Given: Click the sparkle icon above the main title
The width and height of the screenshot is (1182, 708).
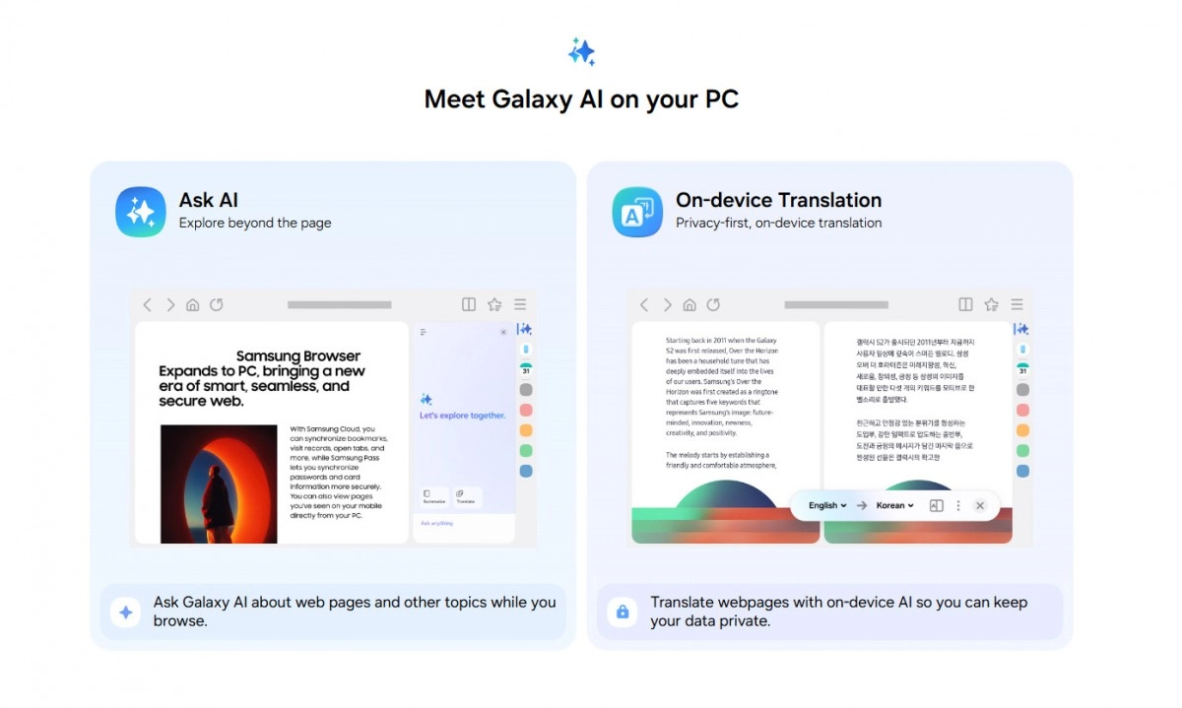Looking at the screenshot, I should tap(582, 51).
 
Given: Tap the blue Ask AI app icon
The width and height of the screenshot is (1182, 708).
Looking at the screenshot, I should tap(141, 212).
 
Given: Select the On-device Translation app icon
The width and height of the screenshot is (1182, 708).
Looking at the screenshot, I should tap(637, 212).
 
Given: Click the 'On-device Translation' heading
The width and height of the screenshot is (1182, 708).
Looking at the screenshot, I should tap(778, 200).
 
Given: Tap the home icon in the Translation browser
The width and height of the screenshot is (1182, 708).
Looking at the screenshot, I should tap(689, 305).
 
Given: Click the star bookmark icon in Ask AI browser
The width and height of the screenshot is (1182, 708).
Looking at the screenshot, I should tap(494, 305).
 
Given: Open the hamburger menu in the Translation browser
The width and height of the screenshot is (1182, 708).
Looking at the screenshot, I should tap(1017, 305).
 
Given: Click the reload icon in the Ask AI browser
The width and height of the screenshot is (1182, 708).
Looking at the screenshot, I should tap(217, 305).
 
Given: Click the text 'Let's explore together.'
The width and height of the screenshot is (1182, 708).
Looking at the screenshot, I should tap(462, 416).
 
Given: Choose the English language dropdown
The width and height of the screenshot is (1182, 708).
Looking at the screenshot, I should tap(827, 506).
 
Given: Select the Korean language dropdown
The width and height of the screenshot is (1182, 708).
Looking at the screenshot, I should tap(894, 506).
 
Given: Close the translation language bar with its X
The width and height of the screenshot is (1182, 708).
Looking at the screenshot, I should tap(979, 506).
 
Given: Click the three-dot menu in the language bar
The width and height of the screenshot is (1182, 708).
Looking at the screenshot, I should tap(958, 506).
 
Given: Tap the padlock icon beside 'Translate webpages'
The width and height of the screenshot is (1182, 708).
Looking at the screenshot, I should tap(622, 611).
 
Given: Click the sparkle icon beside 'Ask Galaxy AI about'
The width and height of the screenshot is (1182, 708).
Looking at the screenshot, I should tap(125, 611).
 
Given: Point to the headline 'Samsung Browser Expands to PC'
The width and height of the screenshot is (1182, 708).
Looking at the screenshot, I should tap(262, 379).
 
